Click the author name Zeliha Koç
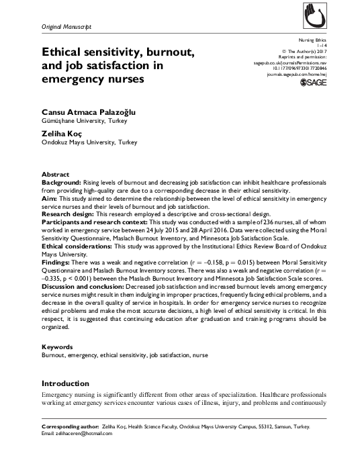[x=59, y=134]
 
